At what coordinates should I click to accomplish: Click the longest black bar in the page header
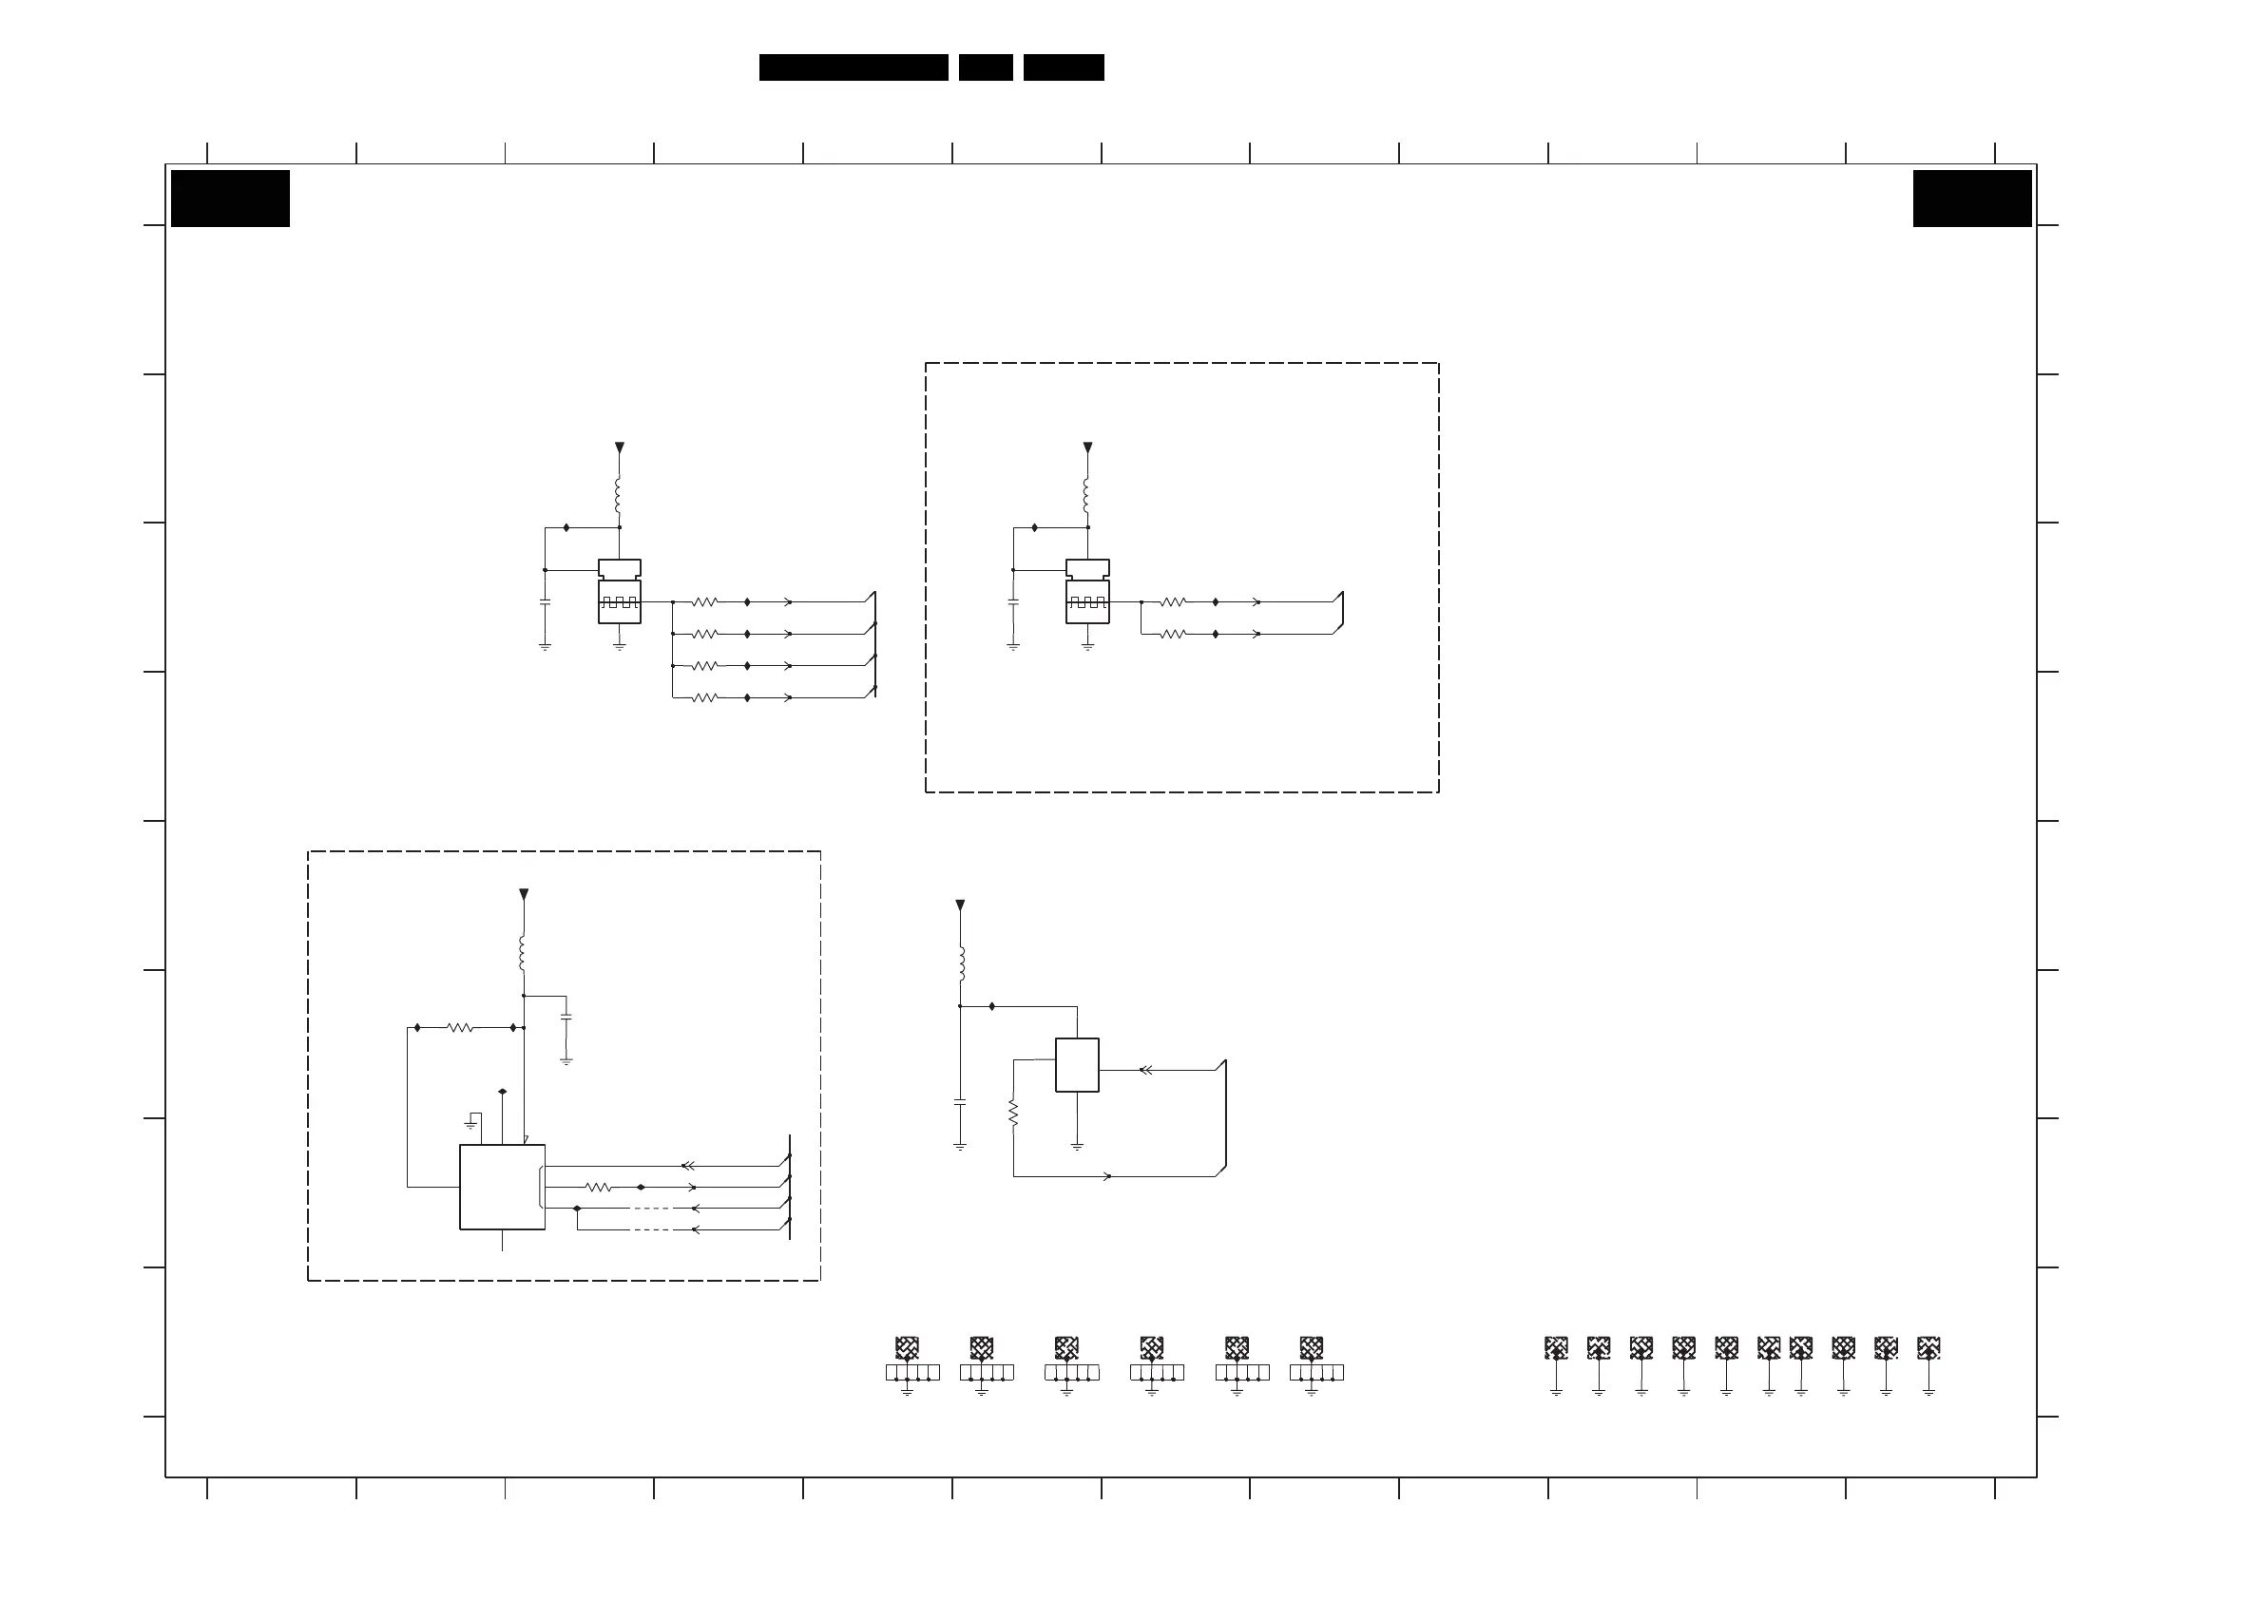point(853,67)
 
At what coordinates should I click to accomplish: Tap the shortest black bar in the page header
point(985,67)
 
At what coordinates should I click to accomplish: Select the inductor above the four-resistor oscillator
point(618,496)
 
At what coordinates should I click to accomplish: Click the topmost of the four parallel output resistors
point(704,601)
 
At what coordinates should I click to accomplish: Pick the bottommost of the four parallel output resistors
point(704,698)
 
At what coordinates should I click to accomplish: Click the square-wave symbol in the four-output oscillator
point(620,602)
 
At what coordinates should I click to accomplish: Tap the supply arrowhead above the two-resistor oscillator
point(1087,448)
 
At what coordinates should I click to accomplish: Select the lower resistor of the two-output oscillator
point(1173,634)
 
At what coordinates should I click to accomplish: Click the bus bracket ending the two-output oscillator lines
point(1340,613)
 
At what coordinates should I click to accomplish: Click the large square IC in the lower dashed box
point(502,1187)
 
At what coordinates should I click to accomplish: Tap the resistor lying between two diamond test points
point(460,1028)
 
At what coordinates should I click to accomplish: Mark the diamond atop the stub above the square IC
point(503,1092)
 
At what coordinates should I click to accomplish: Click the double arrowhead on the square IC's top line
point(688,1166)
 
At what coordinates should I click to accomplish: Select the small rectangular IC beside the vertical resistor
point(1077,1065)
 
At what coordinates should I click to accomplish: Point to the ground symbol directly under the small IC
point(1077,1147)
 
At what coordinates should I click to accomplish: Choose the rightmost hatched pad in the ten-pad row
point(1928,1347)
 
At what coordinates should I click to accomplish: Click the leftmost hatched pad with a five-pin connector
point(907,1347)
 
